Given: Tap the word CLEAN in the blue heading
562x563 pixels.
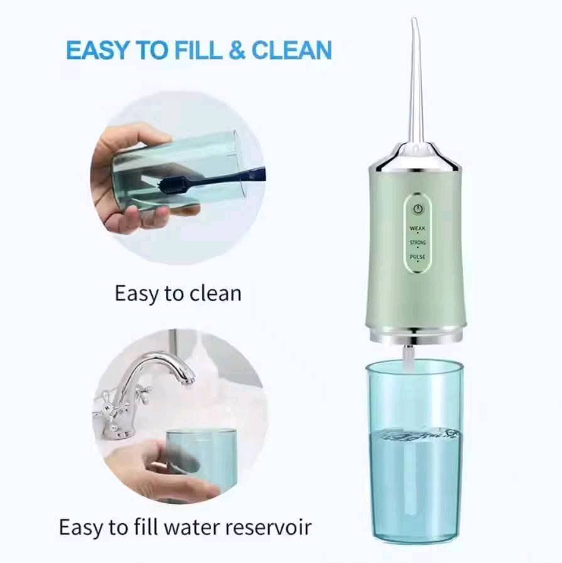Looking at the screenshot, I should coord(292,50).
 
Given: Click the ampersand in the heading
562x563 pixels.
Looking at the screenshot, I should coord(237,50).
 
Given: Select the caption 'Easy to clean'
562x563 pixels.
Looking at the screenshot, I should coord(178,293).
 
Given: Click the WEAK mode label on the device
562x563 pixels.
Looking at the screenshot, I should coord(418,228).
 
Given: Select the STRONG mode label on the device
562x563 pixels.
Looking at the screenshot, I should coord(418,242).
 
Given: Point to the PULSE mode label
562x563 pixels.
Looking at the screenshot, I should coord(418,257).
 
